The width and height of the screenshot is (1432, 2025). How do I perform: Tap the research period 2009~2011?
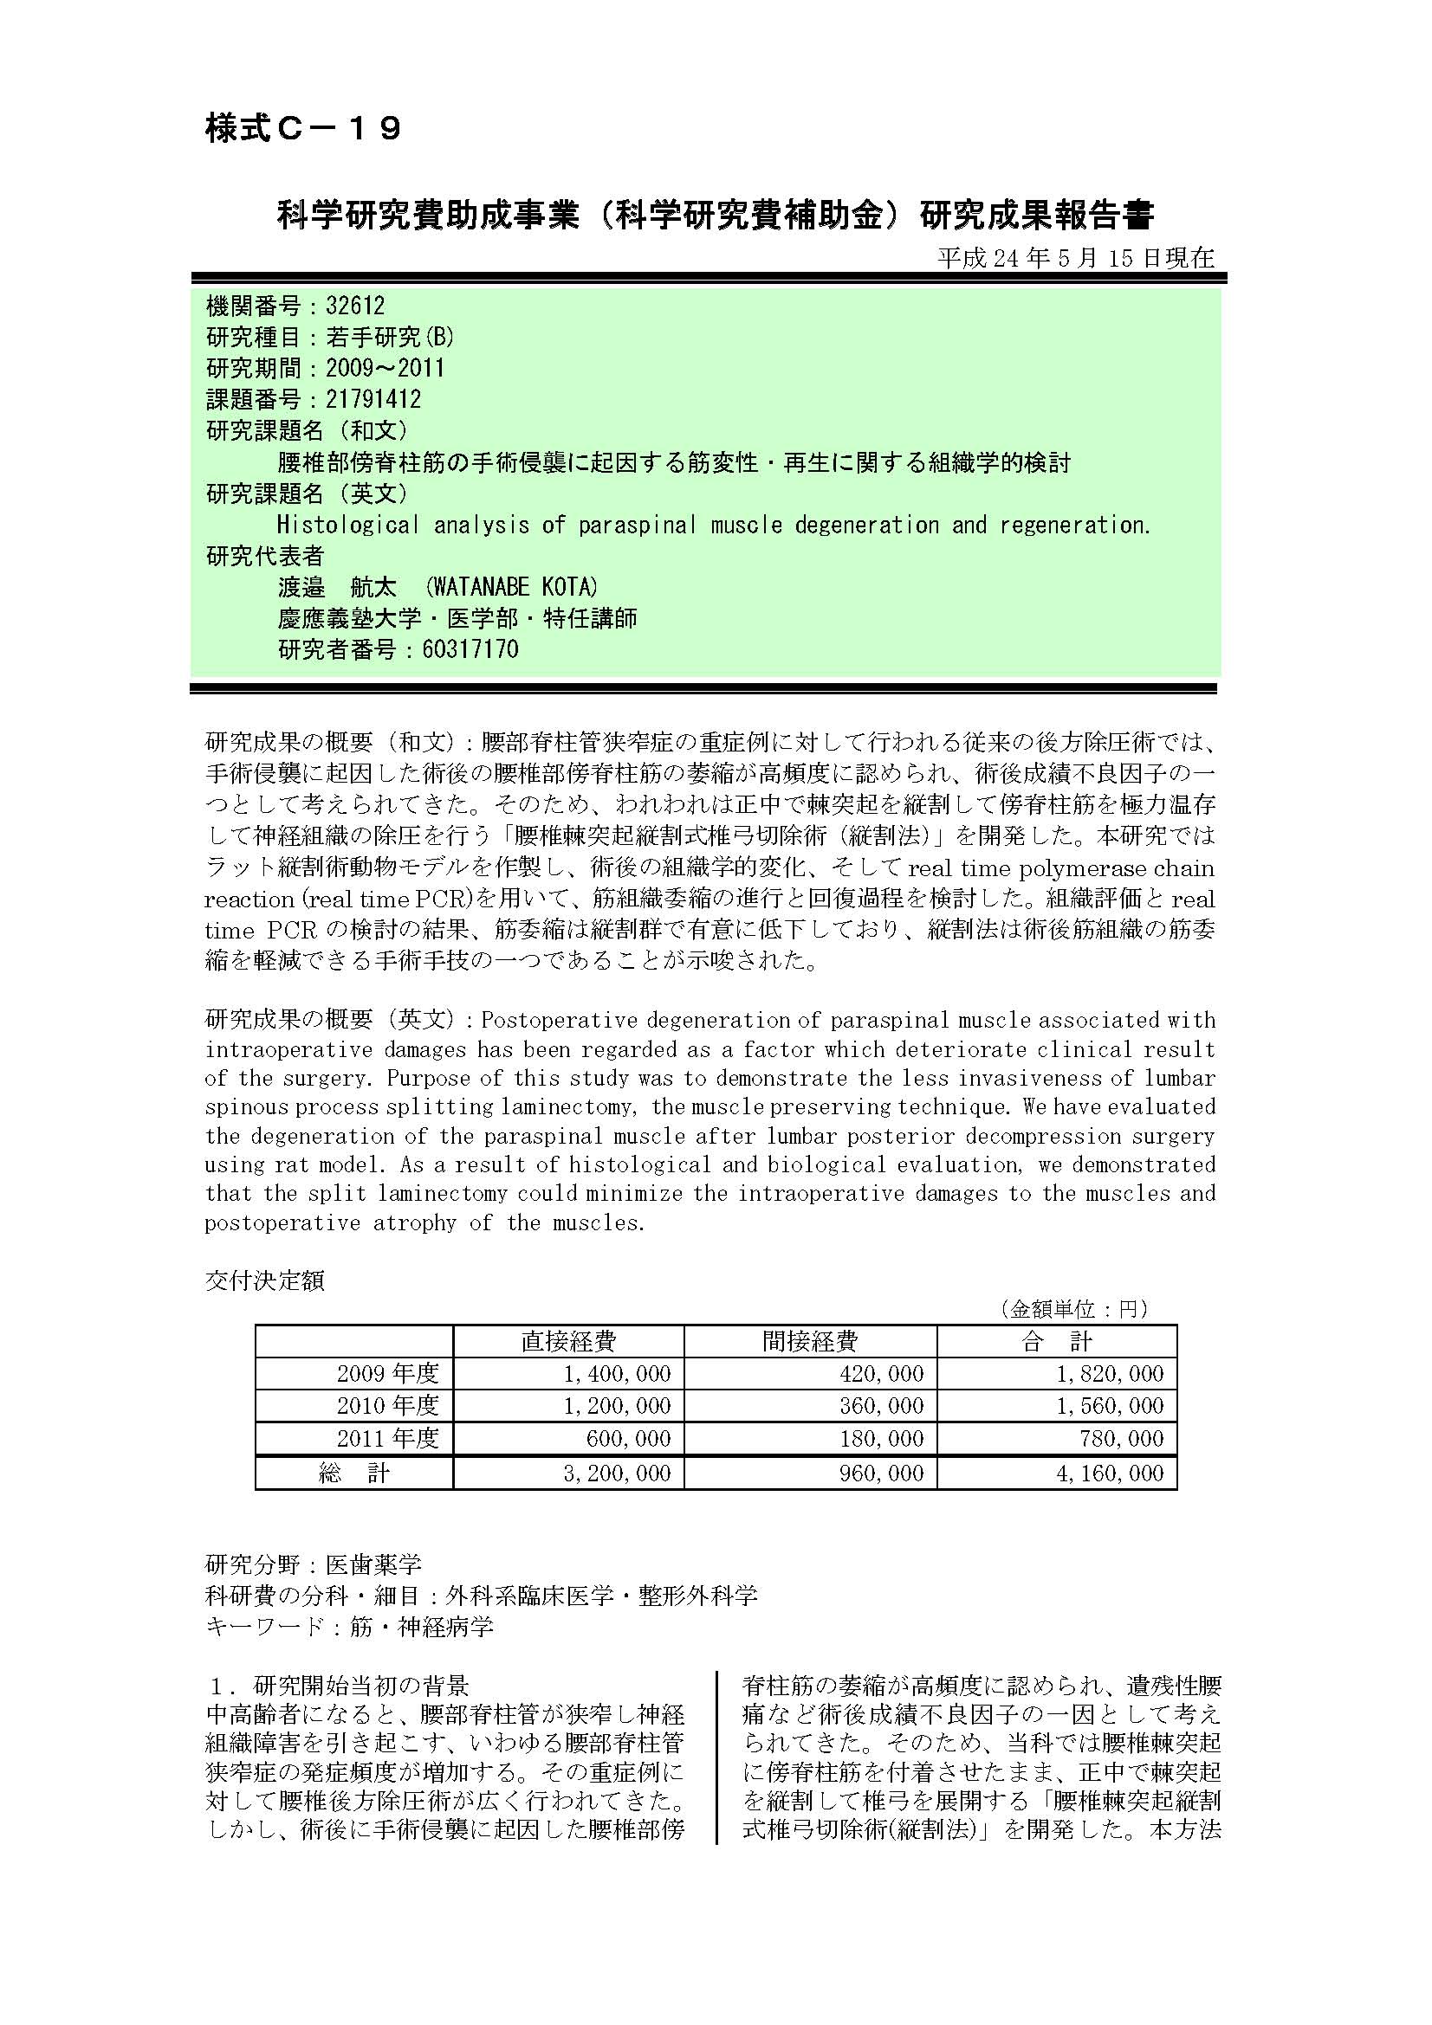coord(385,368)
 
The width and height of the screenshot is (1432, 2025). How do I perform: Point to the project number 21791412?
coord(373,399)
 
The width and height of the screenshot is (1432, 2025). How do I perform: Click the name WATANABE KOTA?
coord(511,586)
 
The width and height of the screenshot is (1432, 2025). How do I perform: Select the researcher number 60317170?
coord(470,649)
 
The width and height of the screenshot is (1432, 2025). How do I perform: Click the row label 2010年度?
coord(387,1406)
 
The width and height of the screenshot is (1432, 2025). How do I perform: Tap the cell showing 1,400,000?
coord(617,1373)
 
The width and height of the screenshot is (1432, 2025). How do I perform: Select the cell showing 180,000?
coord(881,1439)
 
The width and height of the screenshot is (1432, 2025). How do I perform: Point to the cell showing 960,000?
coord(881,1473)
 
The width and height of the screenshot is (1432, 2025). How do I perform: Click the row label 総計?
coord(353,1473)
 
